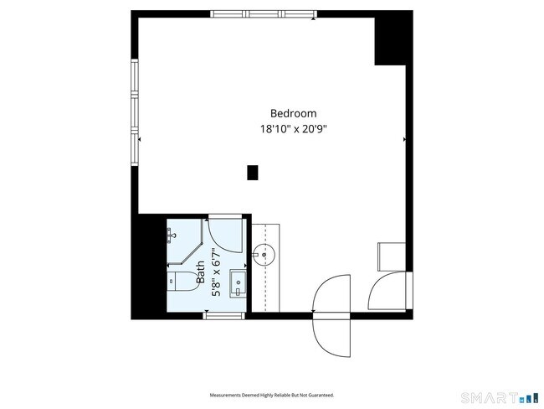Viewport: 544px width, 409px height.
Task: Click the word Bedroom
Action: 293,114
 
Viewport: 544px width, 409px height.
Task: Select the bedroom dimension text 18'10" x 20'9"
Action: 294,129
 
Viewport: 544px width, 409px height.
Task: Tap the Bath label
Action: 201,272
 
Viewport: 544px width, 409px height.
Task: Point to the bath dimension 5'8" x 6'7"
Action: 216,272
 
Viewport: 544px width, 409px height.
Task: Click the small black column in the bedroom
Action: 253,173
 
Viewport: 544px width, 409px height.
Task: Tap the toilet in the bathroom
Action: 182,282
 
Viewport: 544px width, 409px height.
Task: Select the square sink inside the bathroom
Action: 238,283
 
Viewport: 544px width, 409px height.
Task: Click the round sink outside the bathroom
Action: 264,255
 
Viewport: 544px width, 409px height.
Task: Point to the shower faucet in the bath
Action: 171,236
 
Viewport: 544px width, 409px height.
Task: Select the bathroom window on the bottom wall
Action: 224,315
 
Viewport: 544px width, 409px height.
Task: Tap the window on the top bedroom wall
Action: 264,14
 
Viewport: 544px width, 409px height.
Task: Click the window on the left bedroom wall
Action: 135,112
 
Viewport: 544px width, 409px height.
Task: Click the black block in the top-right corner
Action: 394,38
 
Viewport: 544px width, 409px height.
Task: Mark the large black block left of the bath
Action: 149,267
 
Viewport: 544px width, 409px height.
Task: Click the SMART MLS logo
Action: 500,398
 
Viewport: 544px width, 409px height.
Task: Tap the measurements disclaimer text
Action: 272,395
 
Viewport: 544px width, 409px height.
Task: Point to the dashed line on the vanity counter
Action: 265,268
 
